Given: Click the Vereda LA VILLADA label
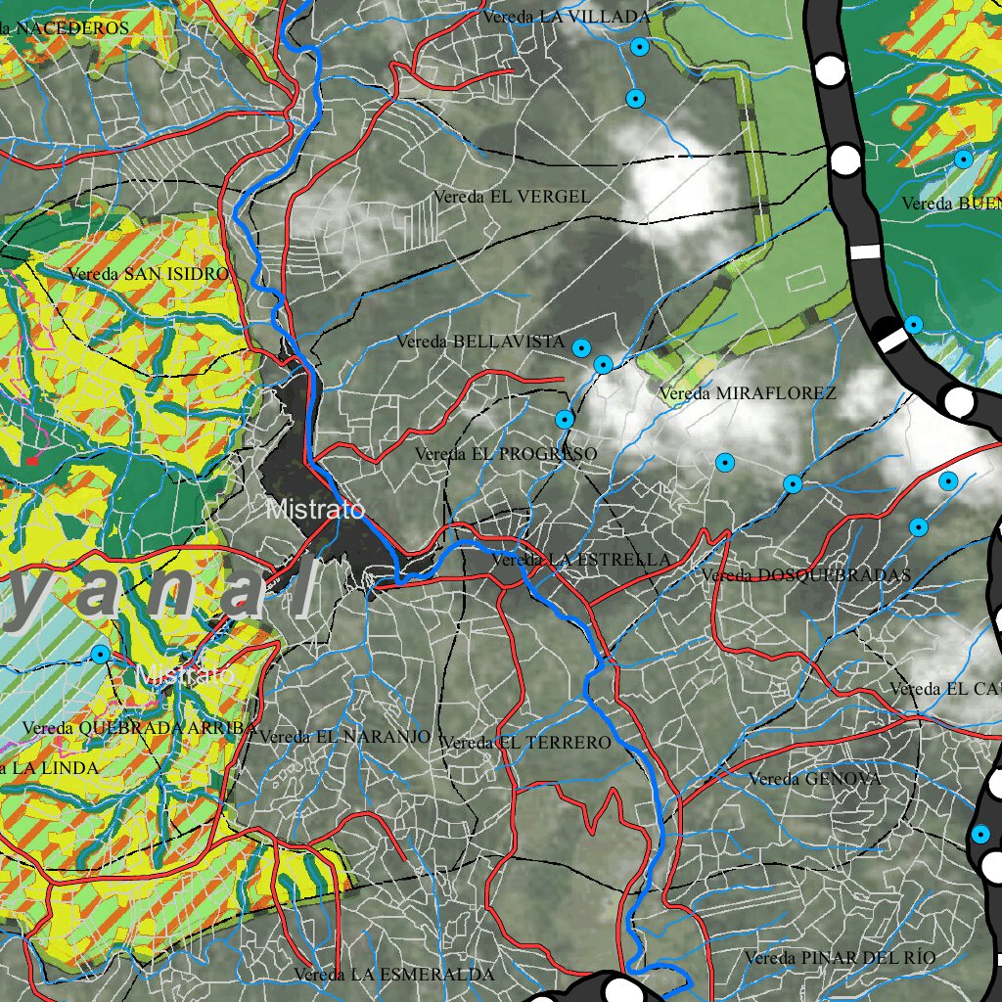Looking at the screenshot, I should [566, 17].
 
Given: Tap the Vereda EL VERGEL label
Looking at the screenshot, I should [512, 197].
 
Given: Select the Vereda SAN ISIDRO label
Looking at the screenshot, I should [148, 274].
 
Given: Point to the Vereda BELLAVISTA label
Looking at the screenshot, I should [480, 342].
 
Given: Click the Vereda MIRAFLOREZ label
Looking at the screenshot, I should [748, 393].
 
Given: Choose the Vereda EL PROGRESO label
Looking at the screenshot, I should [505, 454].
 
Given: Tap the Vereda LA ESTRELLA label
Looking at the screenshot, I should [581, 560].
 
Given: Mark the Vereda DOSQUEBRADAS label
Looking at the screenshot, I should [805, 574].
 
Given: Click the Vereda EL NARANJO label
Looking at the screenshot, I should [345, 737].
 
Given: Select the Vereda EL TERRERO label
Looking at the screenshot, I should [525, 743].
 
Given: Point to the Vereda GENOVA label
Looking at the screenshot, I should [814, 779].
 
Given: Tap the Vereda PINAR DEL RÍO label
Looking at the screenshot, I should [840, 957].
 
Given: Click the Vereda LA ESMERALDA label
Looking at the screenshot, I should [394, 975].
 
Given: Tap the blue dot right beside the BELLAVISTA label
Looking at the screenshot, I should [581, 347].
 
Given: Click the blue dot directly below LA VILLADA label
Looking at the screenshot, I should [640, 46].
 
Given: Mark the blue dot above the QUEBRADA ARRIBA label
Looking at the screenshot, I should [100, 653].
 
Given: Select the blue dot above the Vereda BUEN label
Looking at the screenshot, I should [964, 159].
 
